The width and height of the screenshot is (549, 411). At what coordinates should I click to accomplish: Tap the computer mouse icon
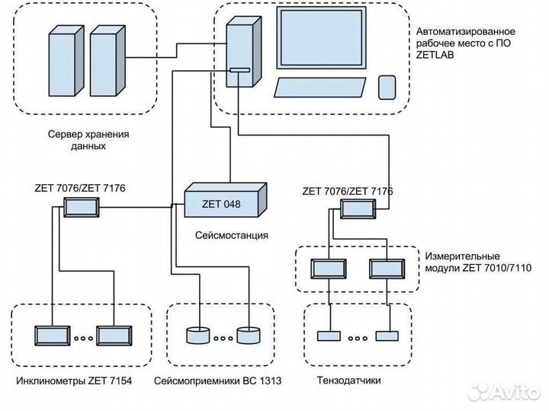pyautogui.click(x=387, y=87)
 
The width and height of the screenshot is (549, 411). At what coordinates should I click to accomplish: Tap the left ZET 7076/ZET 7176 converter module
pyautogui.click(x=82, y=207)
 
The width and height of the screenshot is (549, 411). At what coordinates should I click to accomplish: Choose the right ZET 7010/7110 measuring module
pyautogui.click(x=387, y=269)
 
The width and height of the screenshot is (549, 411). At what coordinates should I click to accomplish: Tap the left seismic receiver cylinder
pyautogui.click(x=197, y=336)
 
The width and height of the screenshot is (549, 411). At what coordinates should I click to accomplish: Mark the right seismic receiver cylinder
pyautogui.click(x=248, y=336)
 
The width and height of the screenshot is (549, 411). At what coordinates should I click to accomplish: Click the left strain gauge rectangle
pyautogui.click(x=329, y=336)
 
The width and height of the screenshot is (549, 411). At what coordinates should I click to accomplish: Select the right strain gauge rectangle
pyautogui.click(x=387, y=336)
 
